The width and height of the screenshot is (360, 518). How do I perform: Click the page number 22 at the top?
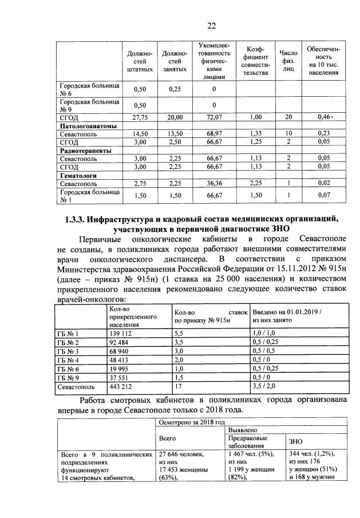pos(211,25)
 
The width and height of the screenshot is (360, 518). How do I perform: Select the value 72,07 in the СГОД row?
pos(213,117)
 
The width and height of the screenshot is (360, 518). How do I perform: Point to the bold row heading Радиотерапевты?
pos(86,151)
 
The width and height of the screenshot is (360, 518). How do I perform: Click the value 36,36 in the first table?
pos(213,184)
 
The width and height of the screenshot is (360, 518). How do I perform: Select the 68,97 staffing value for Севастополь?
pos(213,133)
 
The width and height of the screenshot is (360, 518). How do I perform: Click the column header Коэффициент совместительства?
pos(252,61)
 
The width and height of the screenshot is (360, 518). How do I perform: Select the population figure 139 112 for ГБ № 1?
pos(121,333)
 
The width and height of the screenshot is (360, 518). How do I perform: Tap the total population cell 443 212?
pos(121,387)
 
